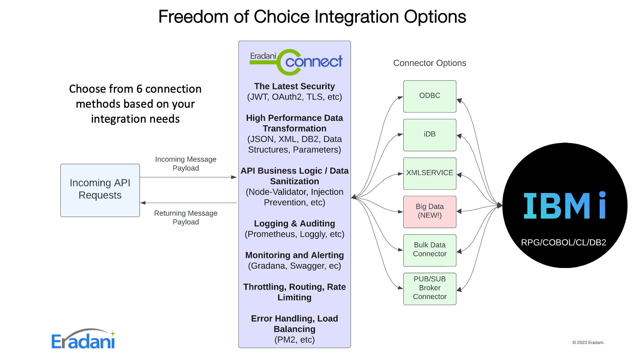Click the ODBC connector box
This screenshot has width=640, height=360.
tap(429, 96)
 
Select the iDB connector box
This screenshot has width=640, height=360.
tap(429, 135)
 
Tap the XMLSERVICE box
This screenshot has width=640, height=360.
tap(429, 173)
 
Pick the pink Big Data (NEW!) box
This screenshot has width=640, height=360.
tap(429, 212)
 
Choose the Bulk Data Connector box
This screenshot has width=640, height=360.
tap(429, 250)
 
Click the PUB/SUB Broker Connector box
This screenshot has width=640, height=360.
tap(429, 288)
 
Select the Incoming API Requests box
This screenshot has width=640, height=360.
tap(100, 190)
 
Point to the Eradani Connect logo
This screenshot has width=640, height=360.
tap(296, 62)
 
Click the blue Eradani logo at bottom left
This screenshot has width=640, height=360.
tap(83, 339)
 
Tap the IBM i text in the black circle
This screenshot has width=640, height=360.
tap(565, 206)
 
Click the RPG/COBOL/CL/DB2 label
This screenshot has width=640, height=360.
tap(563, 242)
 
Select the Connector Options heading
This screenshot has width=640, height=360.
tap(429, 63)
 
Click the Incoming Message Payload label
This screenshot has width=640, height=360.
tap(186, 164)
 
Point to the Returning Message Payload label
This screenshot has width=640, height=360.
tap(186, 217)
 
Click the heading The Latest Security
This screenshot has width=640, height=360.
tap(294, 86)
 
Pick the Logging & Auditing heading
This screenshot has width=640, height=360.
tap(294, 224)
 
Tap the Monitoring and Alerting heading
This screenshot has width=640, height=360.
tap(294, 255)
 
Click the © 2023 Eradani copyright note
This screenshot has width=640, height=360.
tap(588, 342)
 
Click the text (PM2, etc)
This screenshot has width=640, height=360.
tap(294, 340)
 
